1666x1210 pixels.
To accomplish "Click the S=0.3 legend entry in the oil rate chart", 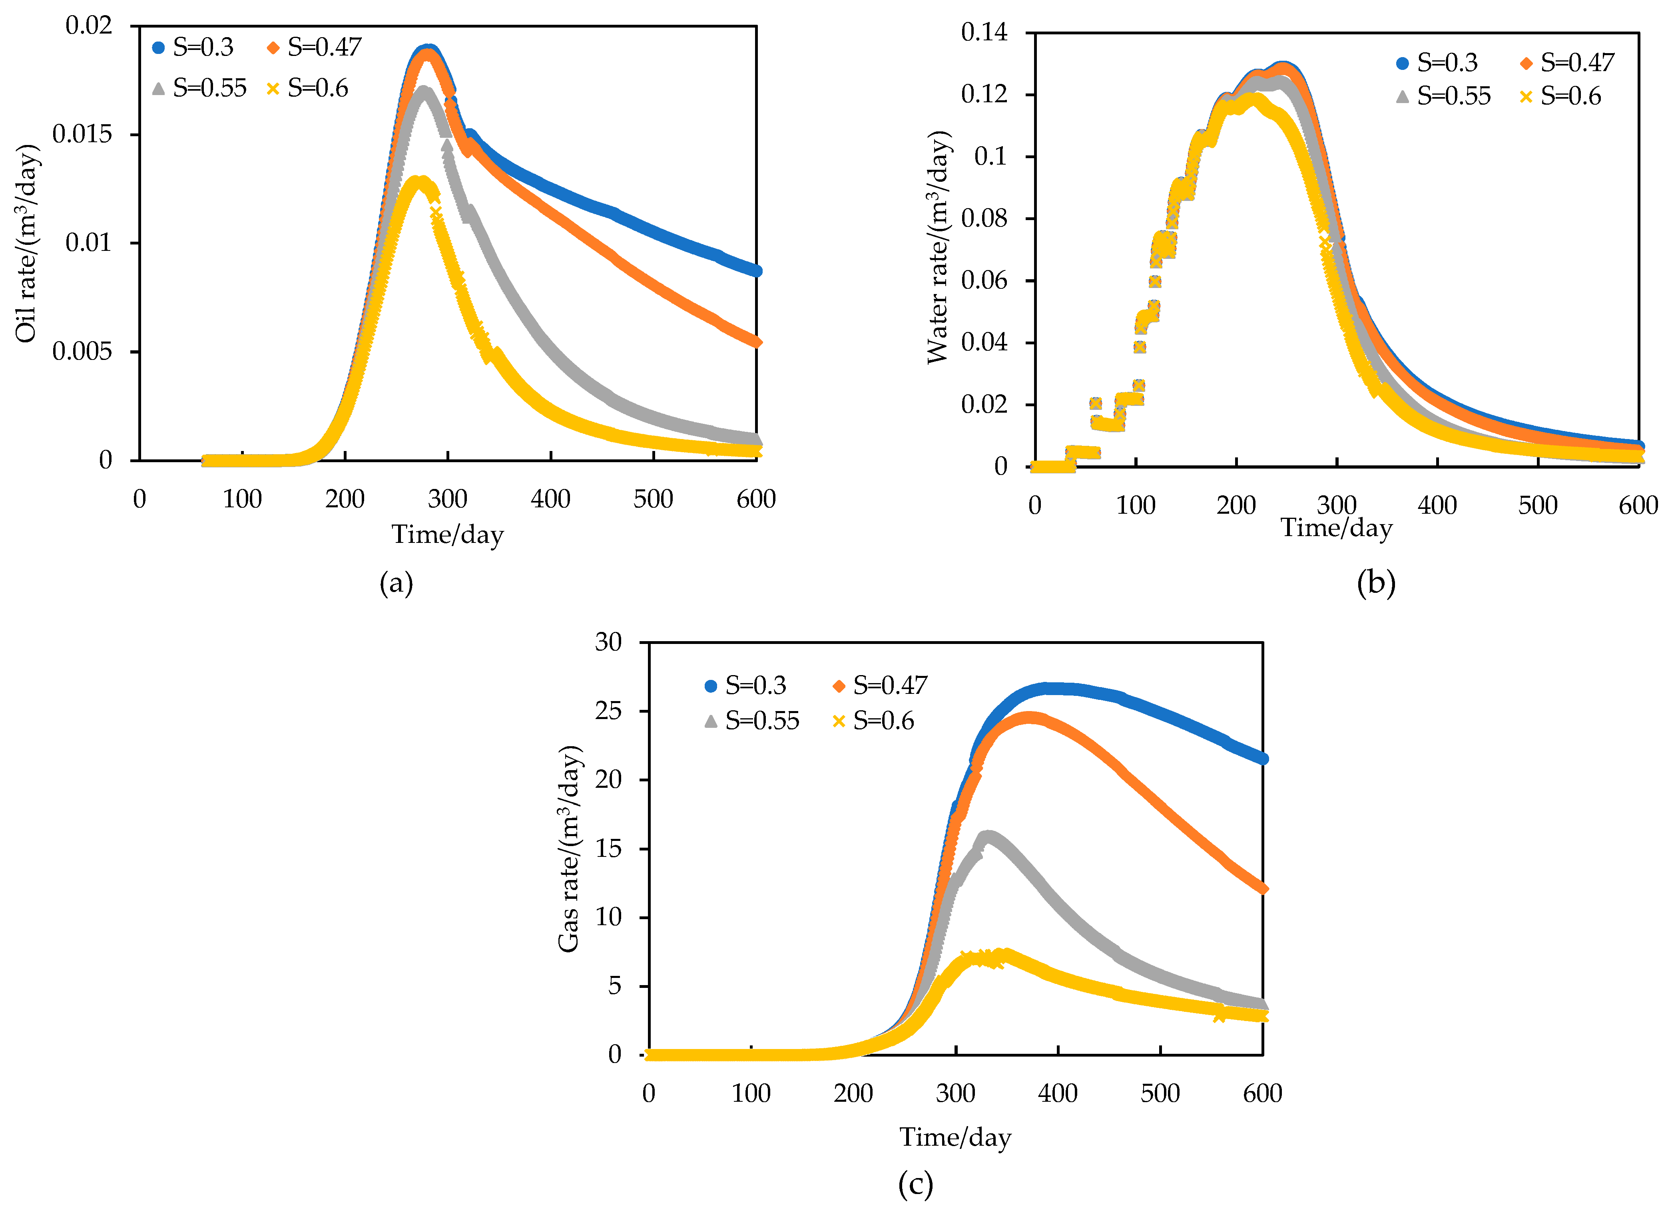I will pyautogui.click(x=193, y=48).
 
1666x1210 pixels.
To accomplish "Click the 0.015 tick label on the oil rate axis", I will pyautogui.click(x=82, y=134).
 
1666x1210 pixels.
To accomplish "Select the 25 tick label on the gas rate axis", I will pyautogui.click(x=608, y=711).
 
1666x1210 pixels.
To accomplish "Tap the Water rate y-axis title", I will pyautogui.click(x=938, y=247).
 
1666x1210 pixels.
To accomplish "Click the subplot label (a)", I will pyautogui.click(x=396, y=583).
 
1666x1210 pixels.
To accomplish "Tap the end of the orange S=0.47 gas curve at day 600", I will pyautogui.click(x=1262, y=888).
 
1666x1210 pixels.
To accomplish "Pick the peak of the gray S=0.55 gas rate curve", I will pyautogui.click(x=988, y=836).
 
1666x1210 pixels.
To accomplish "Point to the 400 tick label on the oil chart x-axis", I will pyautogui.click(x=550, y=499).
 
